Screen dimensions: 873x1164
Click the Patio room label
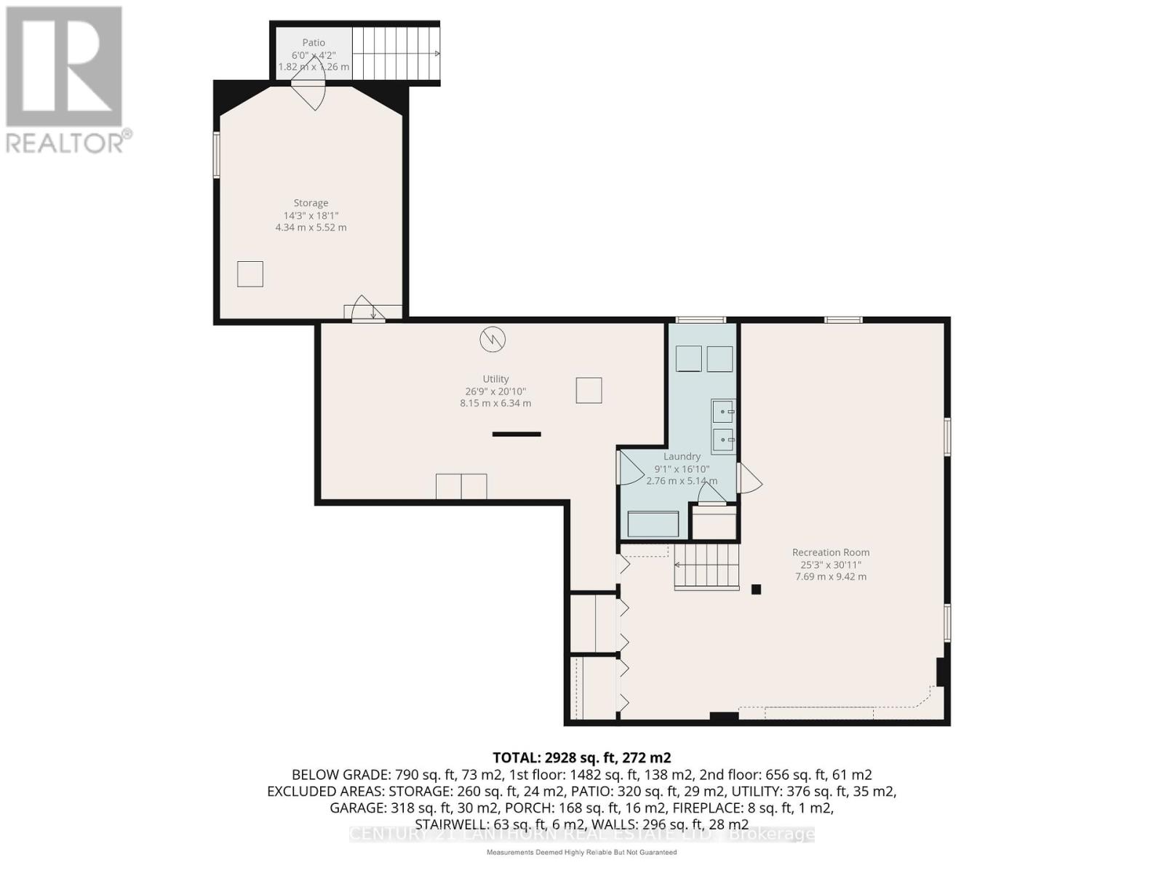pyautogui.click(x=314, y=43)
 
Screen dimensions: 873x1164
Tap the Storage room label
pyautogui.click(x=311, y=203)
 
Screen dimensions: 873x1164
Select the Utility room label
pyautogui.click(x=495, y=379)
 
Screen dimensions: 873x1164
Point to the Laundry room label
pyautogui.click(x=682, y=457)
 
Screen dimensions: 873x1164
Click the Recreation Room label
pyautogui.click(x=831, y=552)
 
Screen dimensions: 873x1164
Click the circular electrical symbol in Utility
pyautogui.click(x=493, y=339)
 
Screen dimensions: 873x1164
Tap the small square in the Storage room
pyautogui.click(x=250, y=274)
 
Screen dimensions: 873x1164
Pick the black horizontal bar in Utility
pyautogui.click(x=517, y=434)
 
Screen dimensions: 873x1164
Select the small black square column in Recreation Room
pyautogui.click(x=756, y=590)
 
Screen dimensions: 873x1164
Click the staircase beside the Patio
pyautogui.click(x=396, y=54)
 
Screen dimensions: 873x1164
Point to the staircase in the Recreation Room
pyautogui.click(x=706, y=566)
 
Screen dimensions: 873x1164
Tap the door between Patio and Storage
pyautogui.click(x=308, y=91)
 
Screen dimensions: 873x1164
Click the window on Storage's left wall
pyautogui.click(x=216, y=154)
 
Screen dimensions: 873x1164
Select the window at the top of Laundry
pyautogui.click(x=701, y=320)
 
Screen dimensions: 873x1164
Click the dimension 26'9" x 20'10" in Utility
pyautogui.click(x=495, y=391)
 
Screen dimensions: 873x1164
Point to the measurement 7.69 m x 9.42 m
pyautogui.click(x=831, y=577)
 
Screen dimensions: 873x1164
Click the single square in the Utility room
pyautogui.click(x=589, y=390)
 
